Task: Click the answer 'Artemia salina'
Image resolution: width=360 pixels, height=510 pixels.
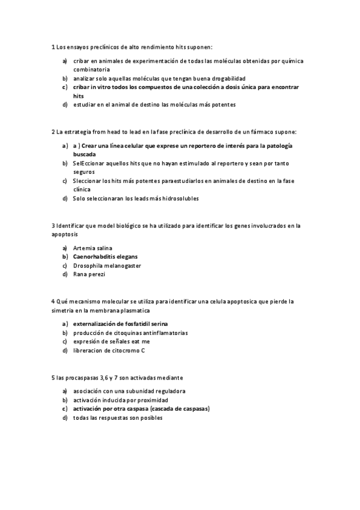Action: point(93,248)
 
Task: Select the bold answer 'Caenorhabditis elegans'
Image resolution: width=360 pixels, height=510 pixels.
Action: point(106,257)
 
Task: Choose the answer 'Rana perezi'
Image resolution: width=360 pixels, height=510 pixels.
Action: point(89,274)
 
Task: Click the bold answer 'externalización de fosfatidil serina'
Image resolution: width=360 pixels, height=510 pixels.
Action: point(120,324)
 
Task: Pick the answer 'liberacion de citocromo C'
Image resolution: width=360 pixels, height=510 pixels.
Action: point(109,350)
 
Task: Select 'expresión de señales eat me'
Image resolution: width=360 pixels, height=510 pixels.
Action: point(111,341)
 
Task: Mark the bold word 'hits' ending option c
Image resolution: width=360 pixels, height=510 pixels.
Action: point(79,96)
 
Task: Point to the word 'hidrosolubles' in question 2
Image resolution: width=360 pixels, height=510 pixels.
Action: point(180,198)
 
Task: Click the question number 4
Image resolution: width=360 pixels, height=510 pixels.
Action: point(54,301)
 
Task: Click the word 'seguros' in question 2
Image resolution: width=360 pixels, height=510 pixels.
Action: point(85,171)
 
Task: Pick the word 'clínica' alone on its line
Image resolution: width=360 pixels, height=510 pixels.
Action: point(82,189)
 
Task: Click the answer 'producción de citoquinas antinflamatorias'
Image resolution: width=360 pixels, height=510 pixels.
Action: point(130,333)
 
